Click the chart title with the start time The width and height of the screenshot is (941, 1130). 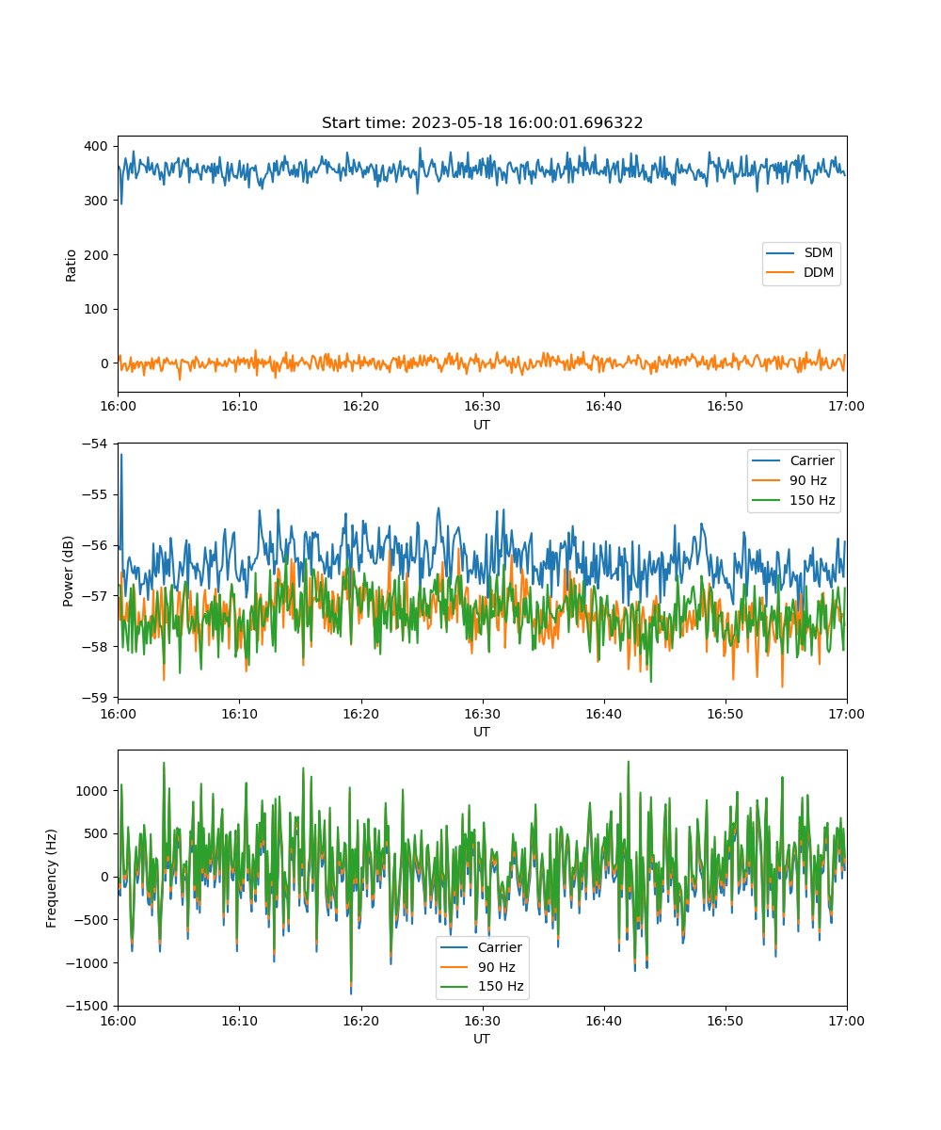point(482,122)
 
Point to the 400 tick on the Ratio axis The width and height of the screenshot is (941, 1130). point(96,146)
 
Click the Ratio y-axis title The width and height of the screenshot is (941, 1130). point(71,266)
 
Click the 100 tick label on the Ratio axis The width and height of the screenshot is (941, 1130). point(96,309)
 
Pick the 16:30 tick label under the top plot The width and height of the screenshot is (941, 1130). point(482,406)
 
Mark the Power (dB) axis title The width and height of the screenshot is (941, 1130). point(68,571)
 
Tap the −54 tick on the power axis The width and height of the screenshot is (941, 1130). point(95,444)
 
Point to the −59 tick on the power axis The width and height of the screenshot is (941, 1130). point(95,697)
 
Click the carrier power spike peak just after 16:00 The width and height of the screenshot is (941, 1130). point(121,455)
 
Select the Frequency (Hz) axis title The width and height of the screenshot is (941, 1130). point(52,879)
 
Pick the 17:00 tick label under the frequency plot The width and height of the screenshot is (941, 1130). point(846,1021)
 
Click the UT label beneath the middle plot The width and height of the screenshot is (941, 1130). point(481,732)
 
